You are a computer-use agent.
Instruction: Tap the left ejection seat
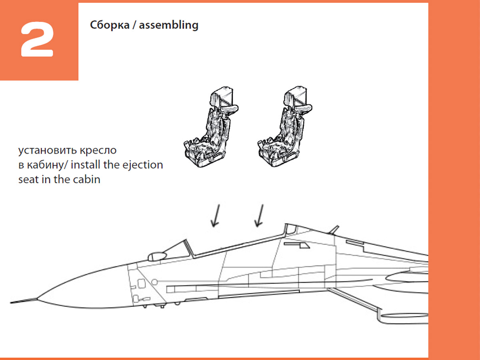pos(210,128)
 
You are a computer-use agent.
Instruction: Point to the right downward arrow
pos(260,216)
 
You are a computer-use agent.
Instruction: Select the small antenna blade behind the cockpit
pos(333,230)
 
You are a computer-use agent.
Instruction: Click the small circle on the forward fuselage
pos(154,282)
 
